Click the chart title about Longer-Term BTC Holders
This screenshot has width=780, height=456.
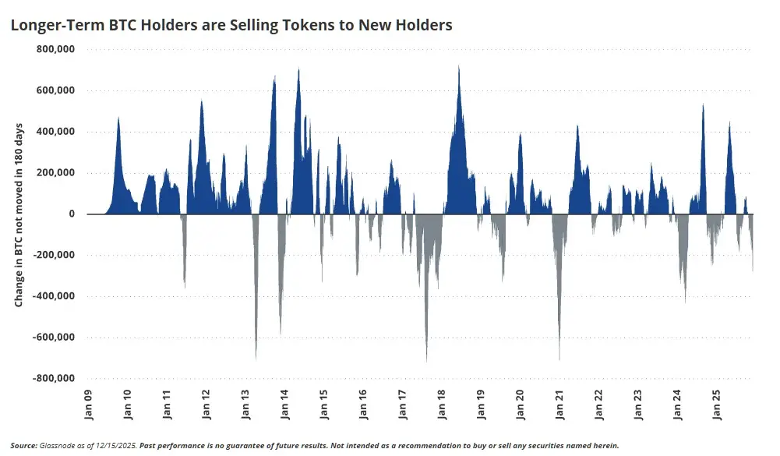point(231,25)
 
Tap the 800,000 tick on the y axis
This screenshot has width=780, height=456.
point(55,49)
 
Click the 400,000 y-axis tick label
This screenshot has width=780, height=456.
point(55,132)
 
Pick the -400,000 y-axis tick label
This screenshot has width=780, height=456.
point(53,296)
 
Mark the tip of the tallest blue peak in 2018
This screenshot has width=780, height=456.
point(458,66)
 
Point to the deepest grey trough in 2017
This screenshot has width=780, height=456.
point(426,361)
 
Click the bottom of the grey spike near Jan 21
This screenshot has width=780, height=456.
point(559,359)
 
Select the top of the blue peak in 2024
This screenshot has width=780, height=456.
point(703,104)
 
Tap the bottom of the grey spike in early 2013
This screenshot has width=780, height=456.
point(256,359)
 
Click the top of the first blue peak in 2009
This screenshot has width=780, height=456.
point(118,118)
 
